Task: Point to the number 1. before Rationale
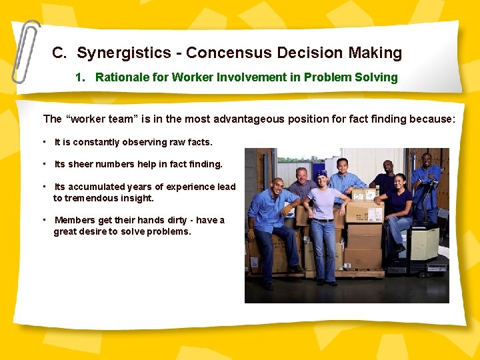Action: [x=81, y=77]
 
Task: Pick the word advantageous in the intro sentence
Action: [x=252, y=119]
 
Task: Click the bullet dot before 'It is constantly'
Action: [x=43, y=141]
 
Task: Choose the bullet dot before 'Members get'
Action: [x=43, y=219]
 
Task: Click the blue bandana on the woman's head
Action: [x=322, y=174]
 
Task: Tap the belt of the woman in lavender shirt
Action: [x=323, y=219]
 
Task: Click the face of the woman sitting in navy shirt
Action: [x=400, y=181]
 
